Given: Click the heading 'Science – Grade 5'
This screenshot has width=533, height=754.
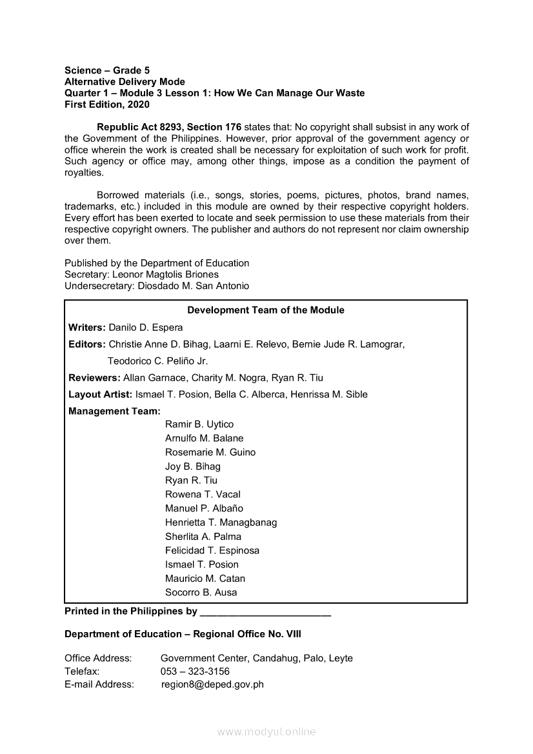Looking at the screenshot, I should pos(107,70).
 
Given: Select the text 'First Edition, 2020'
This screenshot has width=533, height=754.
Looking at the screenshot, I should pos(107,104).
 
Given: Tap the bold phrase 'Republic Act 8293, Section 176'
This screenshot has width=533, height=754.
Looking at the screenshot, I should pos(169,127).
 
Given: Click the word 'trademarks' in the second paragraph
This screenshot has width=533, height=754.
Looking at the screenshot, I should pos(88,206).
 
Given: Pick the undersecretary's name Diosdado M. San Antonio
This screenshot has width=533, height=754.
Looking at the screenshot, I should pos(194,286).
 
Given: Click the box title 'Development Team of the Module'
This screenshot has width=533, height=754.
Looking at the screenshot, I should pos(266,310).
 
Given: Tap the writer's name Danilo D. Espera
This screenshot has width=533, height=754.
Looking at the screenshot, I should pos(146,328).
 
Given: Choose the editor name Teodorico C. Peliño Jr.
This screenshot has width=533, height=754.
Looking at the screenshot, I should pos(157,361).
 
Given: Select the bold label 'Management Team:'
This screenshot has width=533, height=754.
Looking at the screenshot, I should pos(114,411).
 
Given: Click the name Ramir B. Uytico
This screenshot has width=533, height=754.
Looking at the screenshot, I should pos(199,424).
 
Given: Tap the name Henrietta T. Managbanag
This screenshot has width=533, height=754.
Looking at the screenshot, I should pos(221,522).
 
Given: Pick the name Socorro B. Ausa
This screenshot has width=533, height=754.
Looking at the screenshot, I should pos(201,593).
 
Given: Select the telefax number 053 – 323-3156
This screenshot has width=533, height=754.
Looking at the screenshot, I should pos(195,671).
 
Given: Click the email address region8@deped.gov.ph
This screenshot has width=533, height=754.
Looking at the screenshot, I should pos(212,685).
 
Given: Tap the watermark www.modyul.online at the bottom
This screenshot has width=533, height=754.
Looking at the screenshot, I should pos(266,732).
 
